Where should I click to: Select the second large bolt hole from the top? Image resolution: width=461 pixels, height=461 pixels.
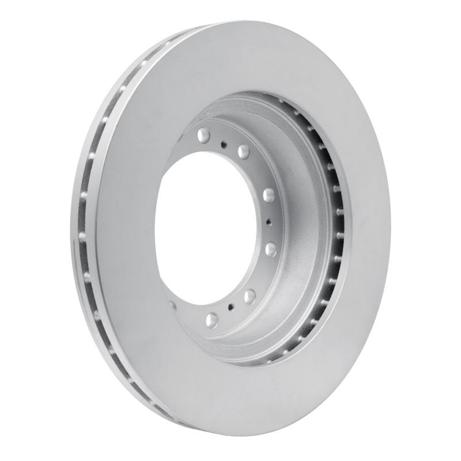pos(243,152)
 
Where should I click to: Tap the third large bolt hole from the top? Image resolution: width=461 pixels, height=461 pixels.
pos(268,195)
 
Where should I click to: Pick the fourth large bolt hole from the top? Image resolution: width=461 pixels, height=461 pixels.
pos(270,248)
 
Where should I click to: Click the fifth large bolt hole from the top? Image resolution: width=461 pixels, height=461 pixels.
pos(249,296)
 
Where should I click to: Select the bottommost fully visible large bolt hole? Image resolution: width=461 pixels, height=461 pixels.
pos(211,318)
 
